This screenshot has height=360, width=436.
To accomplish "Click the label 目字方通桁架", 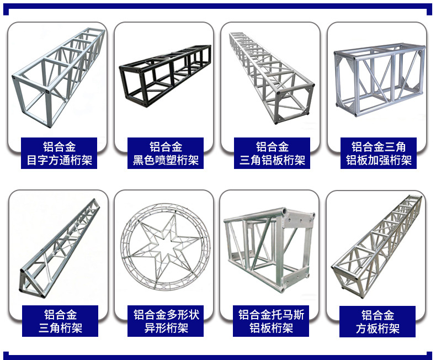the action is click(59, 161).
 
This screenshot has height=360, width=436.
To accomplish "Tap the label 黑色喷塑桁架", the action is click(166, 161).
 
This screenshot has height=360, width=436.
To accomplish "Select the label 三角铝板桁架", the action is click(272, 161).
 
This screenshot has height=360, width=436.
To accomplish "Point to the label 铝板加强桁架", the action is click(379, 161).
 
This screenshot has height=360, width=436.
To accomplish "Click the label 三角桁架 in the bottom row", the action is click(60, 329).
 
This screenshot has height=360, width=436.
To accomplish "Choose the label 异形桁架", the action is click(166, 329).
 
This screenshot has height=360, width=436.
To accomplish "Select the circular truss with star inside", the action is click(165, 246).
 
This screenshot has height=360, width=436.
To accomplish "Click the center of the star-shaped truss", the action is click(165, 243).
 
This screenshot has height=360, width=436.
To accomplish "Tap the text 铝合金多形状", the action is click(166, 315).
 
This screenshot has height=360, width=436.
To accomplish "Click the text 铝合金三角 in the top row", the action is click(379, 147).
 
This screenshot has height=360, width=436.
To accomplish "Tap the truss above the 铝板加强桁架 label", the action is click(379, 80).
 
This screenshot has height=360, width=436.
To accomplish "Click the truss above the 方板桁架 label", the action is click(378, 246).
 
